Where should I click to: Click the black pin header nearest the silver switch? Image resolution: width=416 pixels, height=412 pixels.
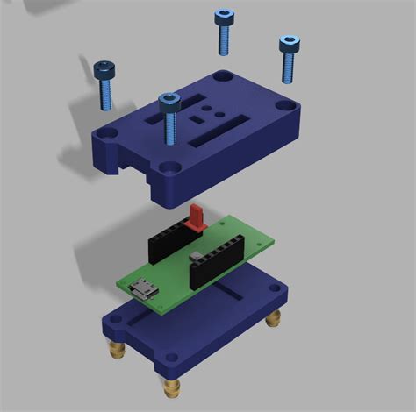click(215, 261)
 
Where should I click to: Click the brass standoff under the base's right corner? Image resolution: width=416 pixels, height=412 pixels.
click(275, 318)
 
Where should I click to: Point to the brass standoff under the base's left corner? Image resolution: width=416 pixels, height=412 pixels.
click(114, 352)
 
